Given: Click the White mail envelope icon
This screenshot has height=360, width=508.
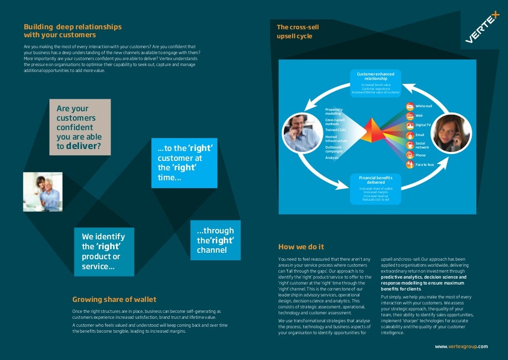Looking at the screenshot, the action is pos(410,106).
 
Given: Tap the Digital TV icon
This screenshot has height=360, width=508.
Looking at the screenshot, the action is pos(410,125).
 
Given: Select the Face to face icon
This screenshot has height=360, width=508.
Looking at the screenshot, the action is pos(410,164).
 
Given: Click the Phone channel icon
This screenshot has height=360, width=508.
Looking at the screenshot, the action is pos(410,154).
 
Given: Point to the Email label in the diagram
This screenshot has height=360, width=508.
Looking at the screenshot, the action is pos(420,135).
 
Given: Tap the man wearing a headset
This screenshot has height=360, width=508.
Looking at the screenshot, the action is pos(302,133).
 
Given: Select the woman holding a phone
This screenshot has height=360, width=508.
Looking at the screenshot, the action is pos(450,133).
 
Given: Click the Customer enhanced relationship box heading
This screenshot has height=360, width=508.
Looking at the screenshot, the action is pos(376,76).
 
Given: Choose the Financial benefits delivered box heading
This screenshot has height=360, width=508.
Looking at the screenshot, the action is pos(376,180).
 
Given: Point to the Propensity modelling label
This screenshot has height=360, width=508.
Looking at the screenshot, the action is pos(334,111).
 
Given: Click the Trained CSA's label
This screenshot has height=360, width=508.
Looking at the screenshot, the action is pos(335,130).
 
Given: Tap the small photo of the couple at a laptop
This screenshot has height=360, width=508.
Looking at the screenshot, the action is pos(43,192).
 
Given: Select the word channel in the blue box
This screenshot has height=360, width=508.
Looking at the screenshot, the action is pos(212,250).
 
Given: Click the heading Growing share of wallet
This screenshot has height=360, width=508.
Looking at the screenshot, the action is pos(114,299).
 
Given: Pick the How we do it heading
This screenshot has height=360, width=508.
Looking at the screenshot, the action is pos(301,247).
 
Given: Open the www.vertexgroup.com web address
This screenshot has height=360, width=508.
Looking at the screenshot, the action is pos(461,347).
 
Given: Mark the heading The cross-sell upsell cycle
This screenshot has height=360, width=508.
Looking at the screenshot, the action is pos(298,32).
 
